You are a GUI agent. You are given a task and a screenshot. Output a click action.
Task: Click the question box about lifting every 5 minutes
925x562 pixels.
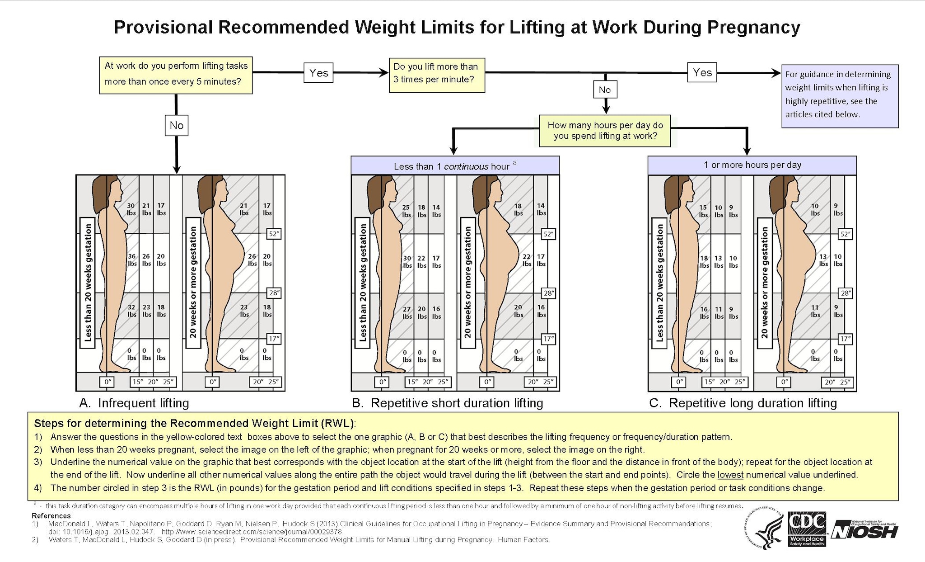pos(176,75)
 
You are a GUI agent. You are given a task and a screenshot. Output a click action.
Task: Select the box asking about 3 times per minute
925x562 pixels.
pos(437,75)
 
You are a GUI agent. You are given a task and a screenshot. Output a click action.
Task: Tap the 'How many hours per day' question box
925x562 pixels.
pos(605,131)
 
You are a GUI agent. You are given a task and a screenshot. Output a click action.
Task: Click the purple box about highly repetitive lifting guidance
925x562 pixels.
pos(840,96)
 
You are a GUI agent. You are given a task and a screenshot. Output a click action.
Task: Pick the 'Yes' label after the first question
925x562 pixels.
pos(318,73)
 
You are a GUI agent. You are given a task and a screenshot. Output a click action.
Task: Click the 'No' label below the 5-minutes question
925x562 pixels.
pos(176,125)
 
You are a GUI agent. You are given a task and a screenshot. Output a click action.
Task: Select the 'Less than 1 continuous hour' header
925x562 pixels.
pos(455,166)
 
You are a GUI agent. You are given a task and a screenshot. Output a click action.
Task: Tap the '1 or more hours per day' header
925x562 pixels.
pos(752,165)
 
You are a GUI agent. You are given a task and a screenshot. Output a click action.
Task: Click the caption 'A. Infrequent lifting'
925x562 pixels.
pos(134,403)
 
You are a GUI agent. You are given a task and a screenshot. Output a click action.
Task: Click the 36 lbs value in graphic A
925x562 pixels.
pos(131,260)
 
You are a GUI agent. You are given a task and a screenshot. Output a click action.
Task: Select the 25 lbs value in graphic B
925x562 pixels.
pos(406,211)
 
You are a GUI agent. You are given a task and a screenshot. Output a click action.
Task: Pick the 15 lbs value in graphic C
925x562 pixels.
pos(703,211)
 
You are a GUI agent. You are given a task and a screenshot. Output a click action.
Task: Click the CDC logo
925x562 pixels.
pos(807,529)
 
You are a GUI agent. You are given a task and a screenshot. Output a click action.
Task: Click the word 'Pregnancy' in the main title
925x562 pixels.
pos(753,28)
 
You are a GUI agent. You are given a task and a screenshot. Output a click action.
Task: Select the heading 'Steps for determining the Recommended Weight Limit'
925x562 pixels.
pos(194,424)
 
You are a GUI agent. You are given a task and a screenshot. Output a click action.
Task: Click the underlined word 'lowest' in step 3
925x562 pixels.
pos(730,475)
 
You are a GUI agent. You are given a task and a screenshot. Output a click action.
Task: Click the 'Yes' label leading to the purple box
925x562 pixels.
pos(702,72)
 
